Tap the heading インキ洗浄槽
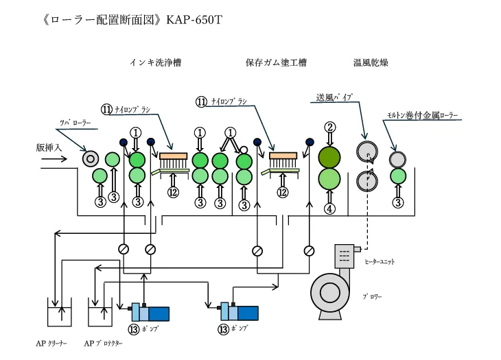tap(159, 62)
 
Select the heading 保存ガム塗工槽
tap(275, 62)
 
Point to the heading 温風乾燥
tap(371, 62)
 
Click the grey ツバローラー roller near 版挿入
tap(90, 158)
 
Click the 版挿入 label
tap(49, 147)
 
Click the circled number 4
tap(330, 208)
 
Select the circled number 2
tap(330, 126)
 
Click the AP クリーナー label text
tap(51, 343)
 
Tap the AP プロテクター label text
tap(103, 343)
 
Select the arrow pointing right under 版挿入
tap(54, 159)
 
